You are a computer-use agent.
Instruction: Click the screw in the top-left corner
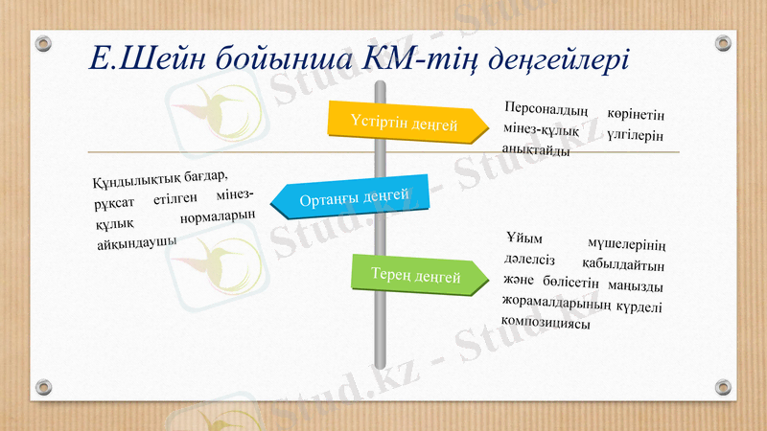point(43,43)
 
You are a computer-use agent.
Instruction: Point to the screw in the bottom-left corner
point(43,386)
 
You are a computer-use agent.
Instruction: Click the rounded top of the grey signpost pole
point(380,86)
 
